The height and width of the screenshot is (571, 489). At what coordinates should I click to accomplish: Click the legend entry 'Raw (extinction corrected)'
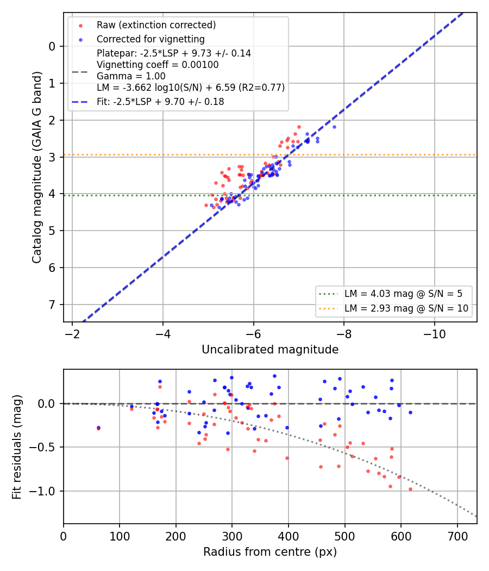156,25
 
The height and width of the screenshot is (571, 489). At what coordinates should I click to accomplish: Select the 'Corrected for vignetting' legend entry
151,39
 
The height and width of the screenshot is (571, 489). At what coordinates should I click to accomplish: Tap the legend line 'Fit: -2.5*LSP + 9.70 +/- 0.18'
160,102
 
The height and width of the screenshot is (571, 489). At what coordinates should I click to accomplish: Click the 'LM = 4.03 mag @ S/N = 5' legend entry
403,294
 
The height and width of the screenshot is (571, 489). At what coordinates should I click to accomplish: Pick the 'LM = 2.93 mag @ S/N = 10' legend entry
406,308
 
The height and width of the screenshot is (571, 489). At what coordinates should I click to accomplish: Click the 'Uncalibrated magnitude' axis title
270,350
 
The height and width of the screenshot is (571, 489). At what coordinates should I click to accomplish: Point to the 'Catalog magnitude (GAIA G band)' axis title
37,167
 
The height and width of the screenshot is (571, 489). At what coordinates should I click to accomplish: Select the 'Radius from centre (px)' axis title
270,552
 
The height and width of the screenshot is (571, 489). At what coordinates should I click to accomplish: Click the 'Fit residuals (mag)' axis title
17,447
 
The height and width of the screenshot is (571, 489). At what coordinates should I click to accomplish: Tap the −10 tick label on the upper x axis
435,334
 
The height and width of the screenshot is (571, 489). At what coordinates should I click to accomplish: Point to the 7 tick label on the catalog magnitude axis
52,305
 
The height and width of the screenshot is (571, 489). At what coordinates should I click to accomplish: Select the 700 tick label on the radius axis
457,536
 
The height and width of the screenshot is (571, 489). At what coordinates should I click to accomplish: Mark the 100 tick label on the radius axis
120,536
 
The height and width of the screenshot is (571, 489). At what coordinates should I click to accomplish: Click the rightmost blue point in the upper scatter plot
334,127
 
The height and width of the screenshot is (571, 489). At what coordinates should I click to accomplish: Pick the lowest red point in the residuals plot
410,489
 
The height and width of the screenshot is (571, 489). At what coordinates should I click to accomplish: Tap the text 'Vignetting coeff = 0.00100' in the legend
158,65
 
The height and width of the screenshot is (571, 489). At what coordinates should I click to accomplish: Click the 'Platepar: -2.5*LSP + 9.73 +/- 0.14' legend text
174,53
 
